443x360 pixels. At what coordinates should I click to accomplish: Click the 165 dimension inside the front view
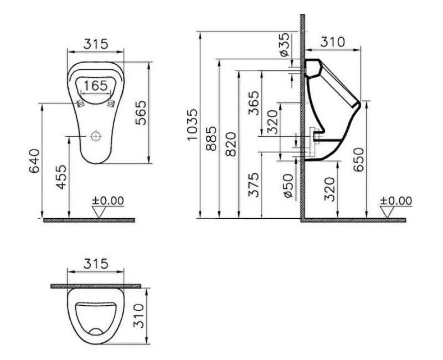(96, 86)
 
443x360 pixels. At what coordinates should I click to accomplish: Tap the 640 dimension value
(34, 161)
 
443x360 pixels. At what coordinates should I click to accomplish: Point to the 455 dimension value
(61, 177)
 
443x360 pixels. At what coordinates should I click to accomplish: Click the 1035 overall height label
(191, 125)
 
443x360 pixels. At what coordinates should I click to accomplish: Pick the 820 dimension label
(230, 145)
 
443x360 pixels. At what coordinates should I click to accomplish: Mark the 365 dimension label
(254, 103)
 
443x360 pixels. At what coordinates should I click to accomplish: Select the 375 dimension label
(254, 184)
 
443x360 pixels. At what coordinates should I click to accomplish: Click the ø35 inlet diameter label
(283, 44)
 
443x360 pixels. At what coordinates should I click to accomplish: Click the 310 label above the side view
(333, 42)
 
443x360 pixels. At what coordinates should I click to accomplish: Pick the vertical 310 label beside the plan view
(140, 316)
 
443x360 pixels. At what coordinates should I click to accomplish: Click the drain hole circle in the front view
(96, 135)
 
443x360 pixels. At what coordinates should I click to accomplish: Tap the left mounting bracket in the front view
(80, 102)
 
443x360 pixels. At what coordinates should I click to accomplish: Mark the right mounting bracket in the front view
(111, 102)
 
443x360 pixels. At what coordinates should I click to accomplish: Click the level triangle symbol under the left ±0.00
(100, 212)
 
